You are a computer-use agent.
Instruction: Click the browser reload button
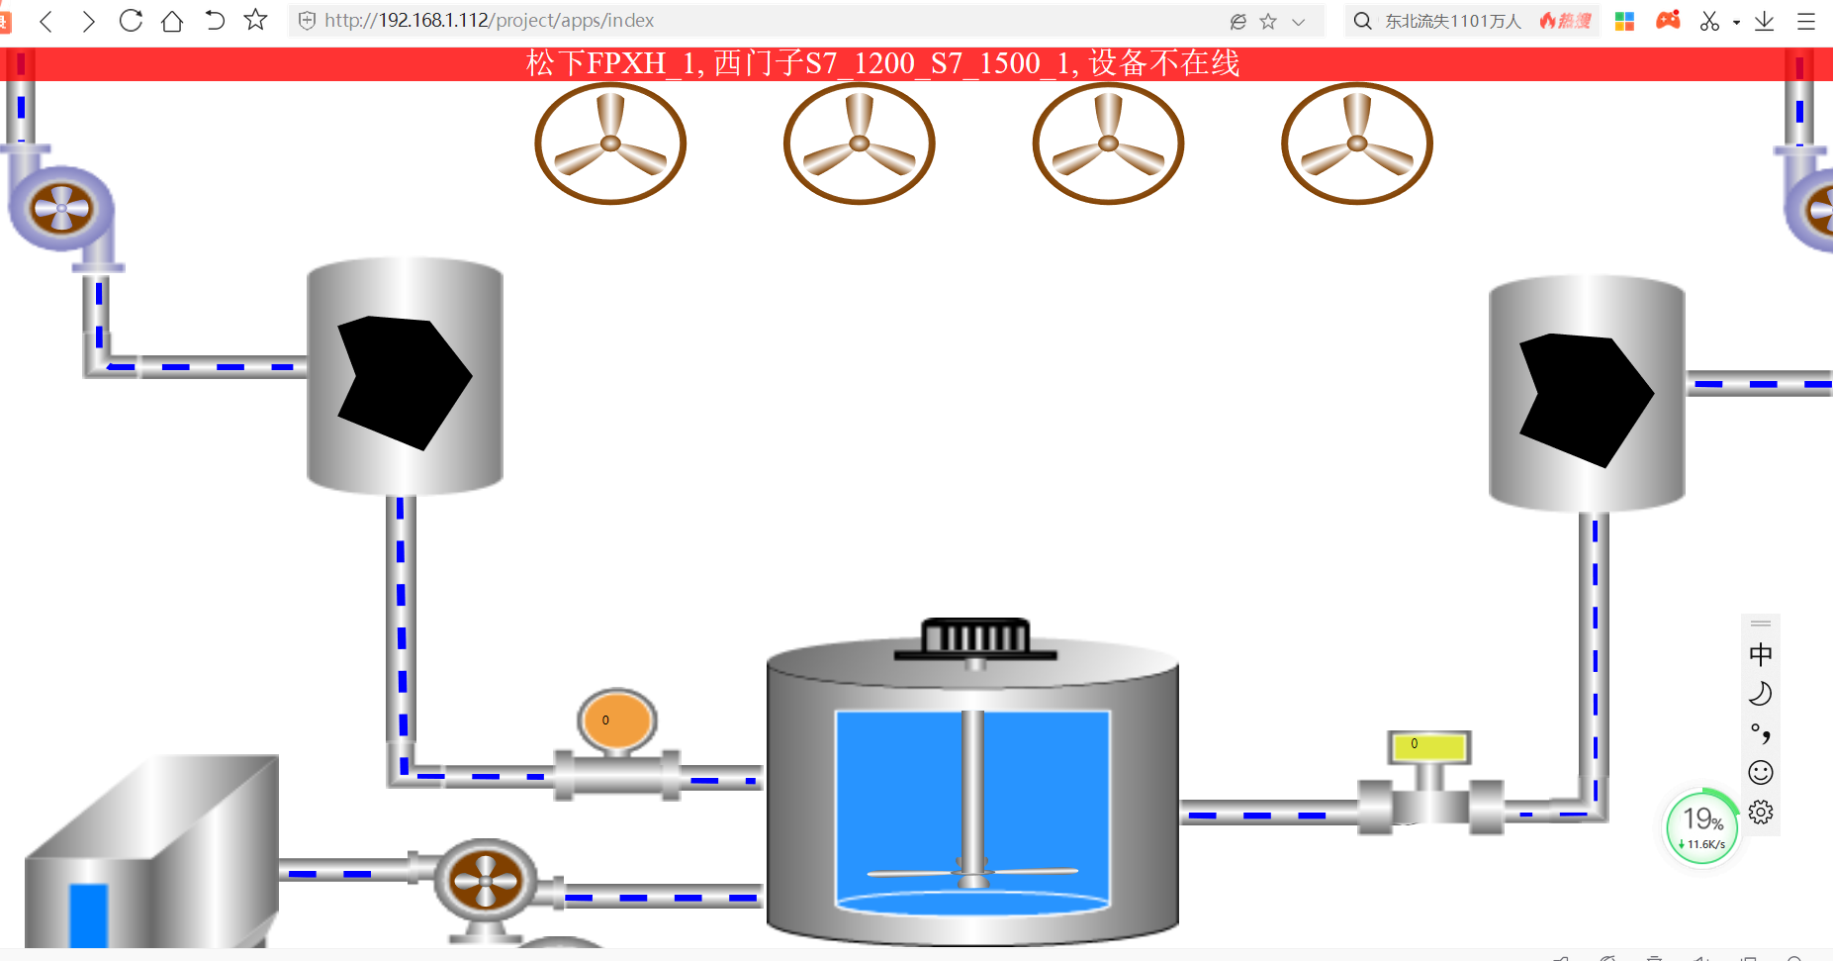tap(131, 21)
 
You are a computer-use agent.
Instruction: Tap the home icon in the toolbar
tap(172, 21)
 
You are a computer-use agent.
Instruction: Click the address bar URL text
tap(489, 21)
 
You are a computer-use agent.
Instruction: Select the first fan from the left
tap(610, 144)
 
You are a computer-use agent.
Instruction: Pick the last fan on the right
tap(1356, 144)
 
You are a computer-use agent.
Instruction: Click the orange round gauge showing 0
tap(616, 721)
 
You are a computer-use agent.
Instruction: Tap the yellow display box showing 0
tap(1428, 745)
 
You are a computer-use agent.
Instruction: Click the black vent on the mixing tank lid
tap(975, 637)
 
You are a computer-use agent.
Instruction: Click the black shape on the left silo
tap(401, 379)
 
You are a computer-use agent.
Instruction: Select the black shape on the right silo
tap(1582, 396)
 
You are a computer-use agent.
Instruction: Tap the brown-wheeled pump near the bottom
tap(485, 879)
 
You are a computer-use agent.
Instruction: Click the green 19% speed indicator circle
tap(1701, 826)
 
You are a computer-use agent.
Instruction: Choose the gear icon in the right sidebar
tap(1761, 813)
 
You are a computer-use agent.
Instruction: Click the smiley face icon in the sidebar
tap(1761, 772)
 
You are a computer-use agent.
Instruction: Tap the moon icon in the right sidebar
tap(1761, 694)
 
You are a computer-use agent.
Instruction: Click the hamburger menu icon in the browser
tap(1806, 21)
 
